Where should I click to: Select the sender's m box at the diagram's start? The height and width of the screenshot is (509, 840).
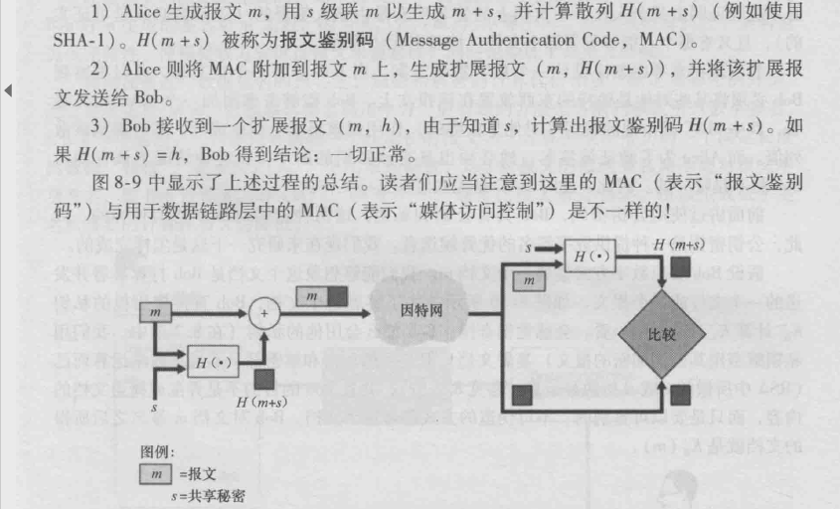pyautogui.click(x=154, y=313)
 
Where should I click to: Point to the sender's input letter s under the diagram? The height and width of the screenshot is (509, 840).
pyautogui.click(x=154, y=408)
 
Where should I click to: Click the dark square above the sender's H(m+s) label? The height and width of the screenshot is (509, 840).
pyautogui.click(x=264, y=378)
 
